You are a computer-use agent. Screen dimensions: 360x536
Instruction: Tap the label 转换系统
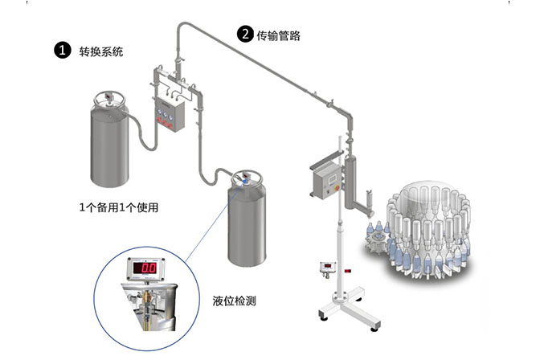[100, 51]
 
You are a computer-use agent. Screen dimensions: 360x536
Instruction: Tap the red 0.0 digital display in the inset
[145, 268]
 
